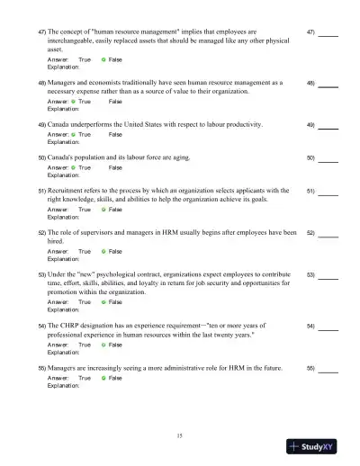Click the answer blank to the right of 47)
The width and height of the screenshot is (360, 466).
328,32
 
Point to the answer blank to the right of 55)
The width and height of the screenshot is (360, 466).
328,369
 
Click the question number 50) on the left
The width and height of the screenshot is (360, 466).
41,157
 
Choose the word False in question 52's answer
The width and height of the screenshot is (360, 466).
115,252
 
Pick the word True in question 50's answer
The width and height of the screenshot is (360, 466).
85,167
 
